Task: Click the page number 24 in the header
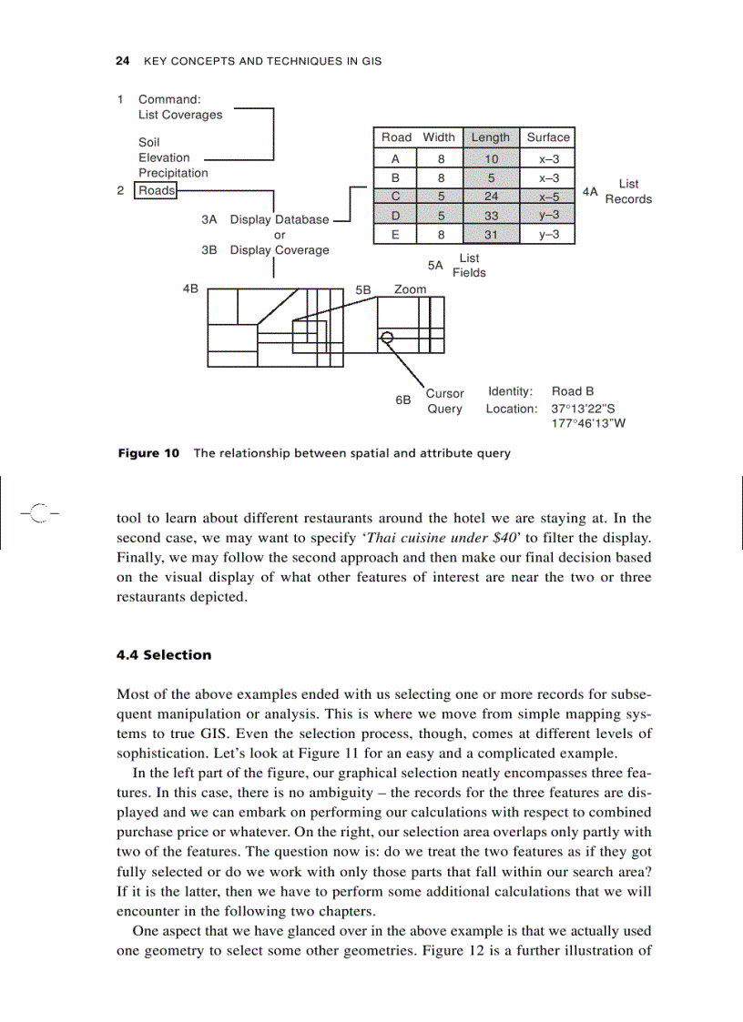(121, 61)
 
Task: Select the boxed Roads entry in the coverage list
(156, 191)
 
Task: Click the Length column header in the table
(490, 137)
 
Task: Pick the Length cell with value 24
(490, 197)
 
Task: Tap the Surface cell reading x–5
(548, 197)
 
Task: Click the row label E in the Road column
(393, 235)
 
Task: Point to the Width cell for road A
(440, 158)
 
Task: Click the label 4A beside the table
(590, 192)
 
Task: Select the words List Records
(628, 192)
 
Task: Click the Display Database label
(279, 219)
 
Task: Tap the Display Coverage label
(279, 250)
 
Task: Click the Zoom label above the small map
(410, 289)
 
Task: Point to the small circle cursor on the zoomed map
(387, 338)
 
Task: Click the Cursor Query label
(444, 401)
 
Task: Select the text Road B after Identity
(573, 391)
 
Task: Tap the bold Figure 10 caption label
(148, 453)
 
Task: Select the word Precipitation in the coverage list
(173, 173)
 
